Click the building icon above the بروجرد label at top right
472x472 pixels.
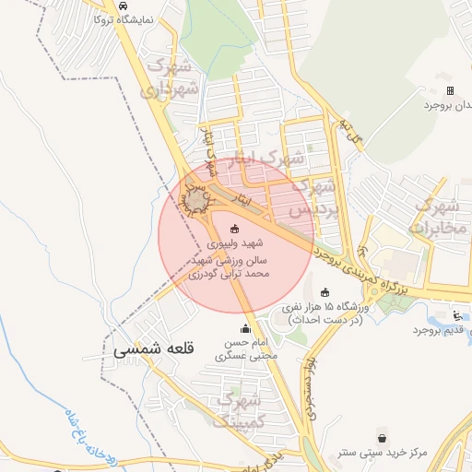[450, 90]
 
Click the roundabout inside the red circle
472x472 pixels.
[196, 199]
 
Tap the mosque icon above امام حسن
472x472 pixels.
[245, 328]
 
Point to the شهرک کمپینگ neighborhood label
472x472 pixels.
[239, 410]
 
